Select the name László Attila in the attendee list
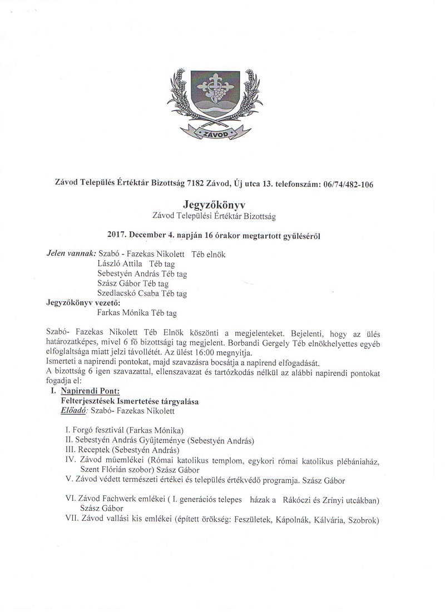pos(120,263)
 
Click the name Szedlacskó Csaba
pos(127,293)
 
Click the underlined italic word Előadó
pos(73,411)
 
